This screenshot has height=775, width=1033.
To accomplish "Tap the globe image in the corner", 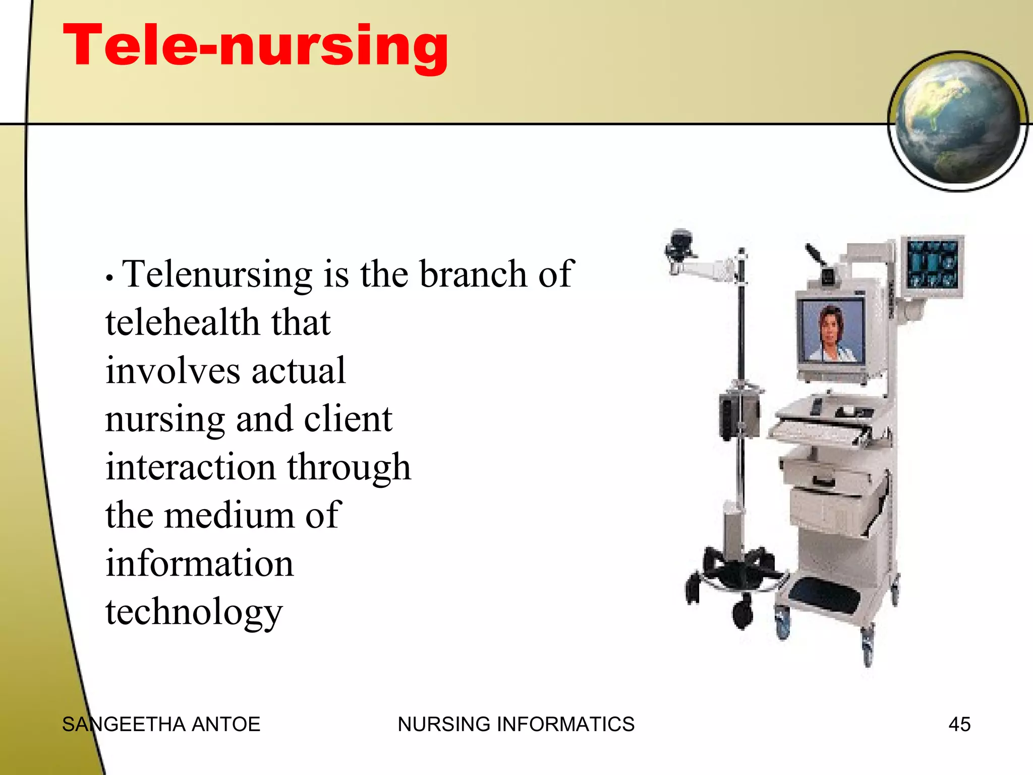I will tap(957, 121).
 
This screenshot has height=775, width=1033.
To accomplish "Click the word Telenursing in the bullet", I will tap(217, 275).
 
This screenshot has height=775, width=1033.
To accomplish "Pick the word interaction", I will tap(191, 467).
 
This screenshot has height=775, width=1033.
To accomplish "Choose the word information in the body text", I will tap(199, 564).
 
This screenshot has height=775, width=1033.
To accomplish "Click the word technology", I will tap(194, 612).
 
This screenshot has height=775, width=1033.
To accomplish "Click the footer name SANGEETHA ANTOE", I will tap(161, 725).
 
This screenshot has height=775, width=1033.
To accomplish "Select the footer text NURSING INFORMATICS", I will tap(516, 725).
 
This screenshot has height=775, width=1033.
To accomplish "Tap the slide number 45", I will tap(959, 725).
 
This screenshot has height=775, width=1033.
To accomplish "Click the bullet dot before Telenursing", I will tap(109, 279).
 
